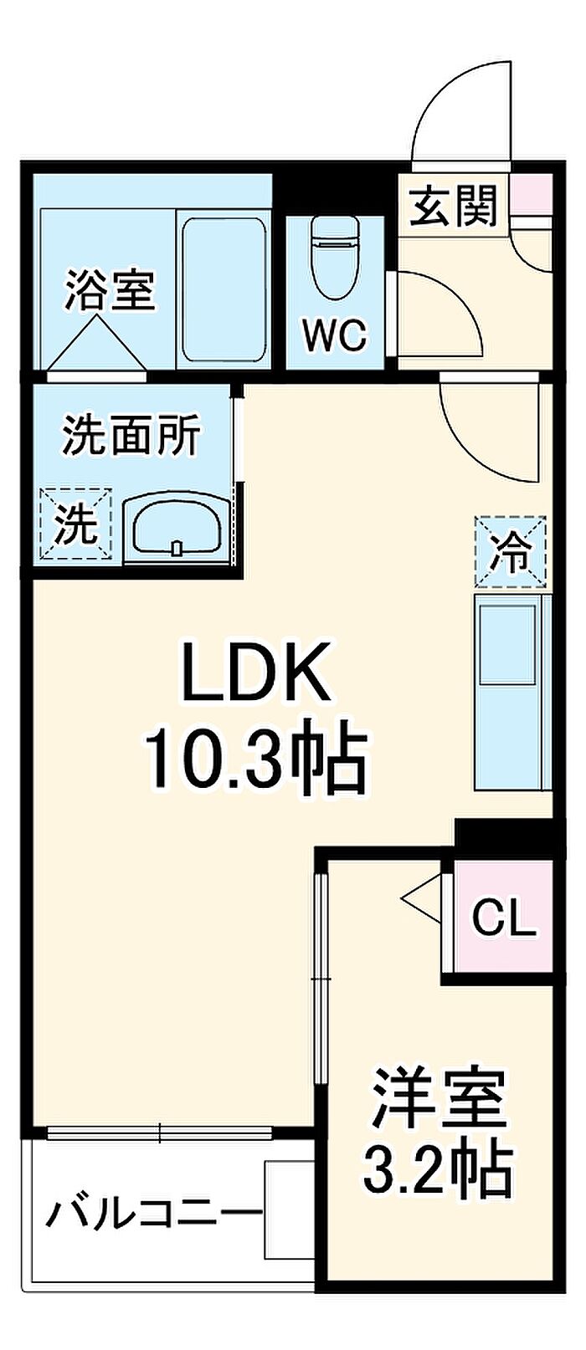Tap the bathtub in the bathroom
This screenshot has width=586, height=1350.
pyautogui.click(x=224, y=290)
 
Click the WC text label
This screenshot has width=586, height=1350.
pyautogui.click(x=334, y=336)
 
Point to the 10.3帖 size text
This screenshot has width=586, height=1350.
pyautogui.click(x=256, y=759)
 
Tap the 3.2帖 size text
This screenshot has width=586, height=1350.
pyautogui.click(x=437, y=1168)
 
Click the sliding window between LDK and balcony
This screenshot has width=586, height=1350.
pyautogui.click(x=160, y=1133)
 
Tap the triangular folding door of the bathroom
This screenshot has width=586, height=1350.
pyautogui.click(x=95, y=345)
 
